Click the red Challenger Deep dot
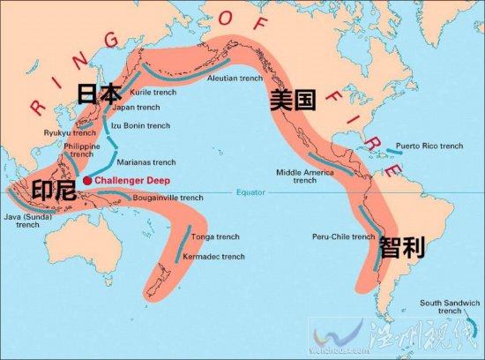pyautogui.click(x=87, y=180)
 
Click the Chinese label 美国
pyautogui.click(x=294, y=100)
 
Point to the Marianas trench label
pyautogui.click(x=145, y=161)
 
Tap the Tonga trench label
pyautogui.click(x=214, y=237)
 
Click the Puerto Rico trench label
pyautogui.click(x=429, y=146)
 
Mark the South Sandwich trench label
pyautogui.click(x=450, y=306)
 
